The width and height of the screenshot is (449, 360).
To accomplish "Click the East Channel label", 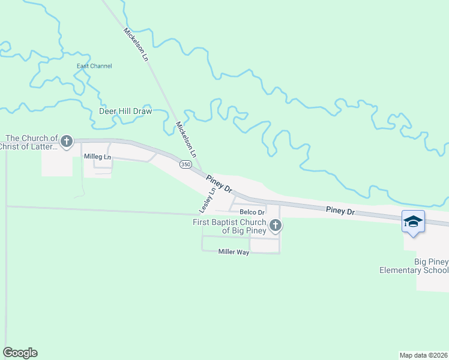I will (94, 66).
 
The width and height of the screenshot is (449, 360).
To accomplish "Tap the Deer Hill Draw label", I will (125, 111).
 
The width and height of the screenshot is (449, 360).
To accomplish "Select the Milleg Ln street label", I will (97, 157).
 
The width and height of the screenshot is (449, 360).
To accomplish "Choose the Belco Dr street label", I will (252, 212).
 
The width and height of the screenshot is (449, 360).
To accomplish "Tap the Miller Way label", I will (234, 253).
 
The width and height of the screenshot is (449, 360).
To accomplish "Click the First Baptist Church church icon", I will (276, 226).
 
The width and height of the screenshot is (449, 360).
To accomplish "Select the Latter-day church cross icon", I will (67, 142).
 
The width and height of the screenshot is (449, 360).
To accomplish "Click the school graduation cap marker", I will (413, 222).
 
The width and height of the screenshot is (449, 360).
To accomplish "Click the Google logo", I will (20, 353).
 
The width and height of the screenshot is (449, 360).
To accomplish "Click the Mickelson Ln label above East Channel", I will (136, 45).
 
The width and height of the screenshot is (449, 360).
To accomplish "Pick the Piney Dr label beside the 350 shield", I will (219, 183).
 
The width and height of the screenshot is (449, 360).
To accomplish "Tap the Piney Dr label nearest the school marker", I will (341, 211).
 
